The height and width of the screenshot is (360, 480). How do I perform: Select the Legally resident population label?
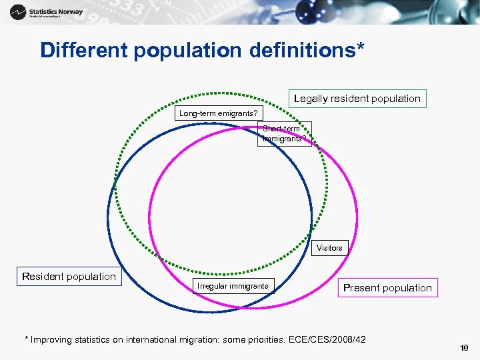point(357,99)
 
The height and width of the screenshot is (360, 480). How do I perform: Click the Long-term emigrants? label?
point(218,113)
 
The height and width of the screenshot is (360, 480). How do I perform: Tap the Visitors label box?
point(329,248)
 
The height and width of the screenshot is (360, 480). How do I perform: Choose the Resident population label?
point(69,277)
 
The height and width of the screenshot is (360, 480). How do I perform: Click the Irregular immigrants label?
point(233,286)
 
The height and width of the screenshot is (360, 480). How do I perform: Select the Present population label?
point(387,288)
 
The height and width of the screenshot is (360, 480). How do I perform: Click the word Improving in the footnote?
point(54,340)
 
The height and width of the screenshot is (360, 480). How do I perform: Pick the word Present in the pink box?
point(361,288)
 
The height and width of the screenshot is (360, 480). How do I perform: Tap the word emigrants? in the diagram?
point(237,113)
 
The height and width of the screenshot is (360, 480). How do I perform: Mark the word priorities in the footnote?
point(265,340)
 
